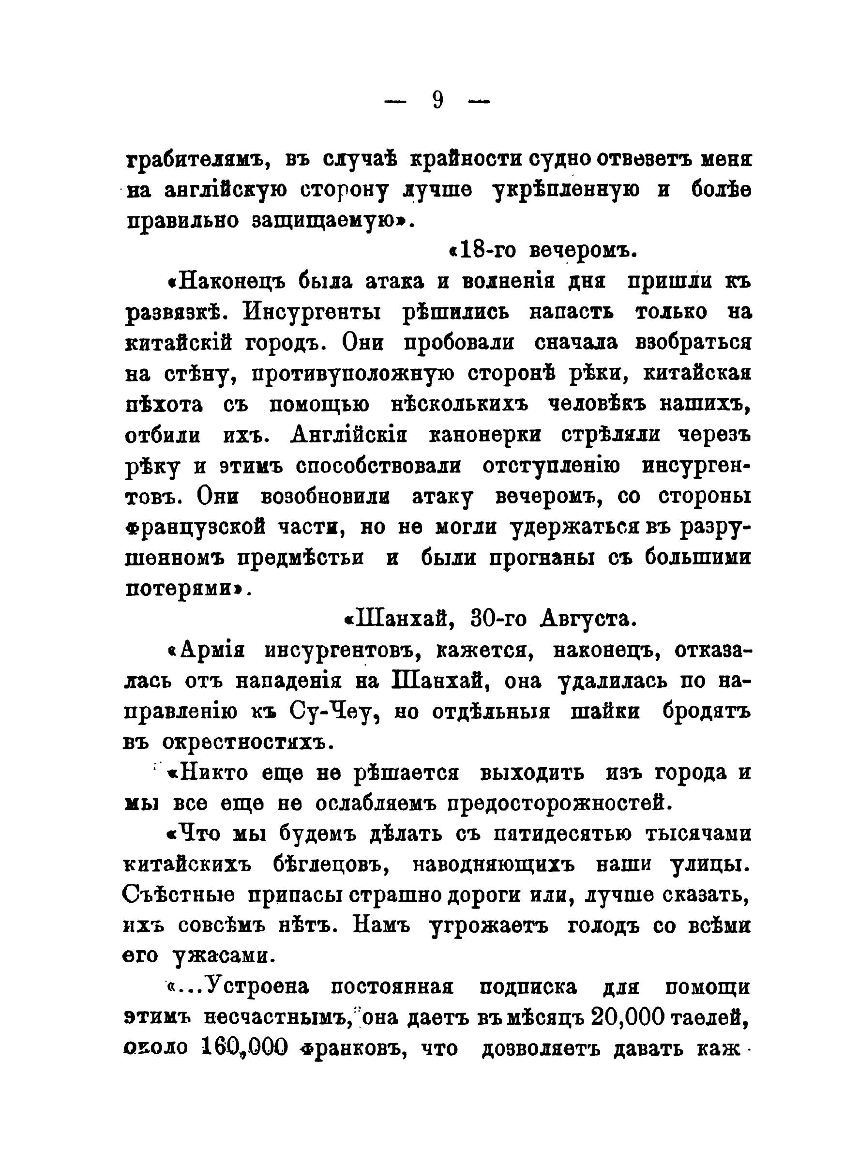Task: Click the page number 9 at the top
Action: pos(437,101)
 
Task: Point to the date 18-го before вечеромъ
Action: pos(488,251)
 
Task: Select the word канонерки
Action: pos(485,435)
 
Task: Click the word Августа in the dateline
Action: pos(588,619)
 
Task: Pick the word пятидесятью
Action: pos(562,834)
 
